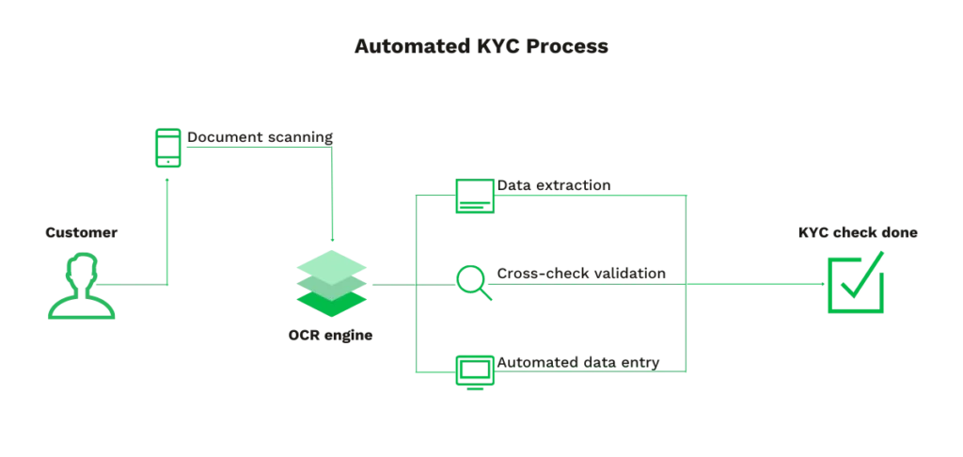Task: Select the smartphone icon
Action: tap(168, 150)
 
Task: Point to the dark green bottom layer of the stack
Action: tap(330, 302)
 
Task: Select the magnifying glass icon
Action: tap(473, 283)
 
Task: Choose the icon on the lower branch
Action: tap(472, 370)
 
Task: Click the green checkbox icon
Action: tap(854, 282)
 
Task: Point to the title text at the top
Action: tap(481, 49)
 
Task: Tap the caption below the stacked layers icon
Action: tap(330, 335)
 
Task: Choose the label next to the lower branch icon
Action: tap(579, 360)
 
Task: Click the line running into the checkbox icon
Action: tap(752, 282)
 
